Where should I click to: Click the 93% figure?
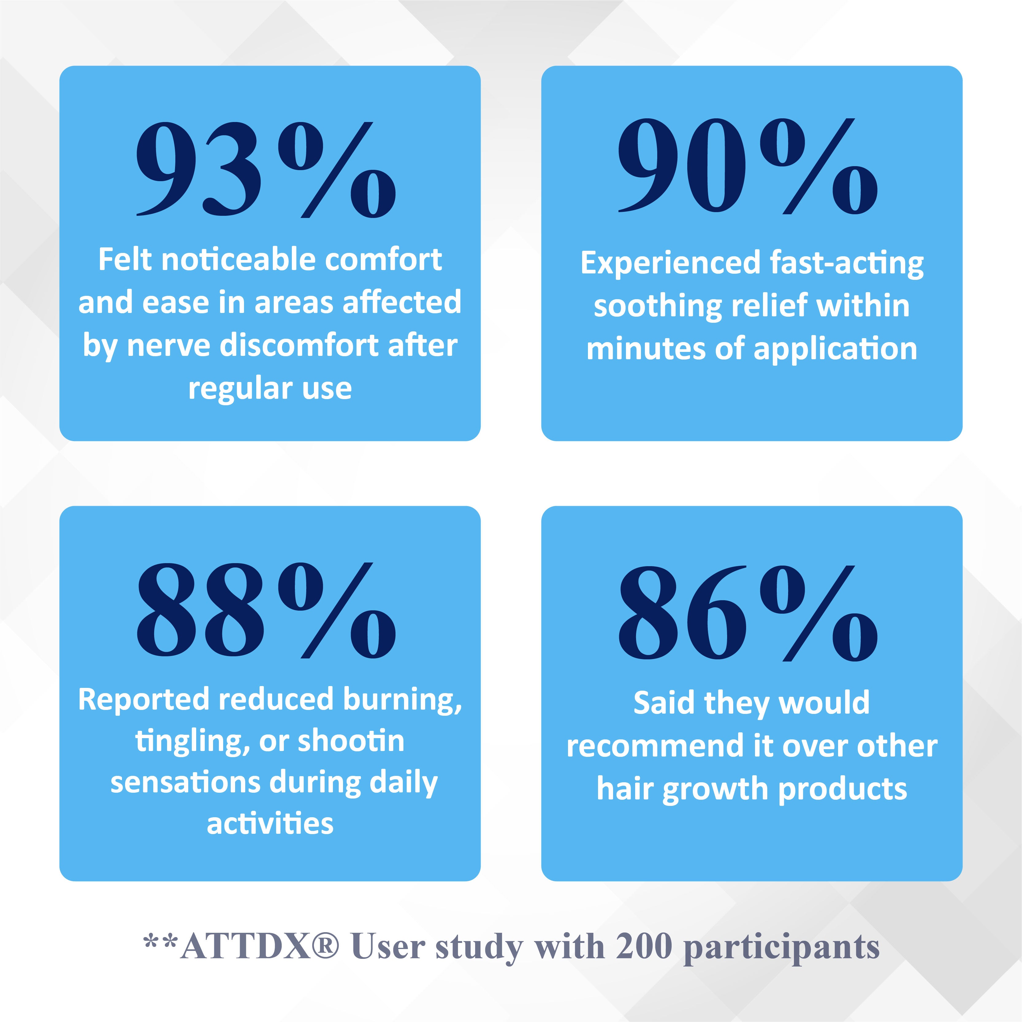click(x=266, y=169)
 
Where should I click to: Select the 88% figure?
click(x=266, y=610)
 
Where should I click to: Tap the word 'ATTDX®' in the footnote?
click(x=260, y=946)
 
